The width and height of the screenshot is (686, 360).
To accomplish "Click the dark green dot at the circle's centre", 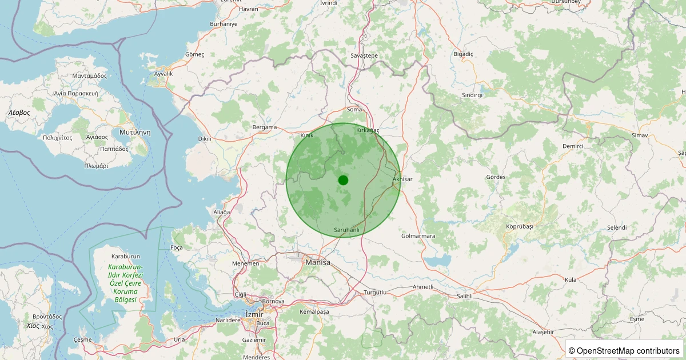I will (x=343, y=180).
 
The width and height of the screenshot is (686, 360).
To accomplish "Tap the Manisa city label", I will (x=318, y=262).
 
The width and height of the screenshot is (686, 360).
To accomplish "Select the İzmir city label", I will (x=253, y=314).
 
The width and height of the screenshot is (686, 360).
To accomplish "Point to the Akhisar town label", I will (x=402, y=179).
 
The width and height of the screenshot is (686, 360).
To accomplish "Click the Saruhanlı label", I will (x=346, y=230).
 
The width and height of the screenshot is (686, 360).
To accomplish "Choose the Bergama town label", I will (x=264, y=127).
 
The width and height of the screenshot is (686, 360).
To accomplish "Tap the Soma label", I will (x=354, y=109).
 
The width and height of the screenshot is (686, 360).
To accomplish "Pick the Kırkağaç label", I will (x=368, y=131).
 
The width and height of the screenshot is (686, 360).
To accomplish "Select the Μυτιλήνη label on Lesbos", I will (x=135, y=131).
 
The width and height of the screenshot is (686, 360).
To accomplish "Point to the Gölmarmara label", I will (x=418, y=236).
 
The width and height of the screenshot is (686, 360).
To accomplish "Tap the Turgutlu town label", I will (x=375, y=293).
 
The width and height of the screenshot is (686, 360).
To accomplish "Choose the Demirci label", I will (x=572, y=146).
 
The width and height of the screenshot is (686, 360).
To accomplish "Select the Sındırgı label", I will (x=472, y=95).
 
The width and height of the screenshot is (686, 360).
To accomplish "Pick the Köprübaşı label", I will (x=519, y=226).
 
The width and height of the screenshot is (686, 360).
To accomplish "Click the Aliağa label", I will (x=221, y=212).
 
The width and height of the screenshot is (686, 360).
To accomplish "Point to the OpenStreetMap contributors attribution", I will (x=624, y=350).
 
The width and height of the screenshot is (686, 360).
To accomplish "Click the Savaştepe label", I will (x=364, y=55).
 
